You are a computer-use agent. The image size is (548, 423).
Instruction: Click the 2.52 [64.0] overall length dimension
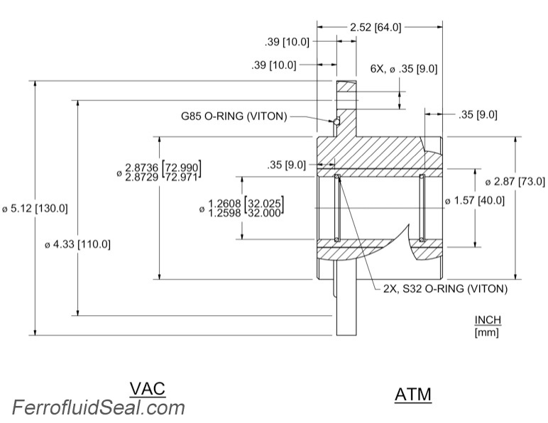376,27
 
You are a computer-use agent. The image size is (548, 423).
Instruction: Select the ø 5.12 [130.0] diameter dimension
35,209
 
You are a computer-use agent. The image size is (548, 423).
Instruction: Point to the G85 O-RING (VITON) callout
234,116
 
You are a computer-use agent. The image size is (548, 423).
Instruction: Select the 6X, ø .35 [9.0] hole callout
403,69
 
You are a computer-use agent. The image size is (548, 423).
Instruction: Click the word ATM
412,394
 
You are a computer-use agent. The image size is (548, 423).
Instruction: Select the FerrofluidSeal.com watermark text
99,407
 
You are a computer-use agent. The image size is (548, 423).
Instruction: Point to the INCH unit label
486,320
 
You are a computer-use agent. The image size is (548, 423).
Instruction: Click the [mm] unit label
486,332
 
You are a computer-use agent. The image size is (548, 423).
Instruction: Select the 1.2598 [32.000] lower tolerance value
246,211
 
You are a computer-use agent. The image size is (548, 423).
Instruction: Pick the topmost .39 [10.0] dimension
286,42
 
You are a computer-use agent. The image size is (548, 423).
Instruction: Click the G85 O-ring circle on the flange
338,120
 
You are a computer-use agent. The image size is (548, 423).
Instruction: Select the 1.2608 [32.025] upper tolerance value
246,202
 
